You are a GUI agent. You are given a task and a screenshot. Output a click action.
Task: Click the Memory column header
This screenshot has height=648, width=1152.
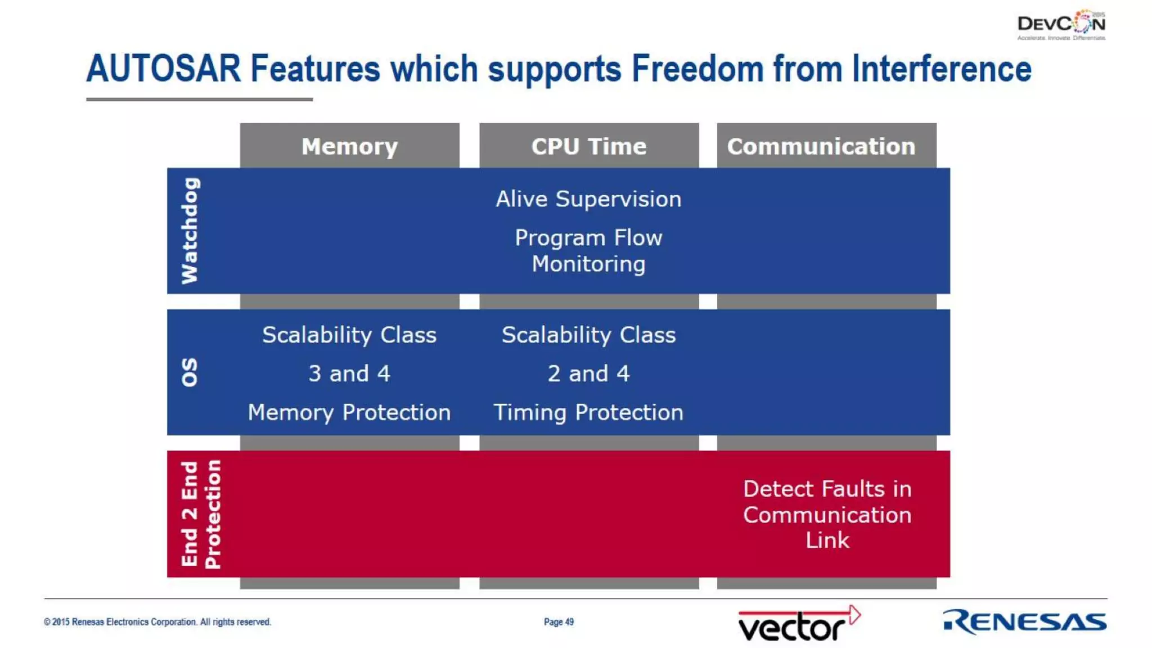point(349,146)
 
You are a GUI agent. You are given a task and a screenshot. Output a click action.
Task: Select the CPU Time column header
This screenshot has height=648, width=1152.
point(588,146)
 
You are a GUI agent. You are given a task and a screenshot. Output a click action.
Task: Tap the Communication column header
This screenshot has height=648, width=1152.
point(821,146)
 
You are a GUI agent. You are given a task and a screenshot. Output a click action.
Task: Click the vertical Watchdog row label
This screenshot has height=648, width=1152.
point(190,231)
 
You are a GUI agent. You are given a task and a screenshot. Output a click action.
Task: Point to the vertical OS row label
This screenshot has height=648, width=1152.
point(190,372)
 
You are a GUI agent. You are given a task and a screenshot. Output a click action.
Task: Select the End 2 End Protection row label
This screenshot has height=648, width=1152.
point(201,514)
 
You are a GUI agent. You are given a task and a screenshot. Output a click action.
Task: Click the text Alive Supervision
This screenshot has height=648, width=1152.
point(588,199)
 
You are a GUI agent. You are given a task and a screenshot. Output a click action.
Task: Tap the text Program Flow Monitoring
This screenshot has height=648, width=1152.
point(588,251)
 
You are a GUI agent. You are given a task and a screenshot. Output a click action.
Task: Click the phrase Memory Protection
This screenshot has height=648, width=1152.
point(349,412)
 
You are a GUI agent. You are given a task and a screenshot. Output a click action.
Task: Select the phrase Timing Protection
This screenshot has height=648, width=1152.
point(588,412)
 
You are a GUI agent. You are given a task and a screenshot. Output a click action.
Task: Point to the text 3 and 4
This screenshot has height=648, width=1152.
point(349,373)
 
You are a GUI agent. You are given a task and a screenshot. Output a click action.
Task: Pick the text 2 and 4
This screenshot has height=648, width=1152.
point(588,373)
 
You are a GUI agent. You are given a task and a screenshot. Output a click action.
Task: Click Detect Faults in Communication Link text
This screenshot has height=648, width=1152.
point(827,514)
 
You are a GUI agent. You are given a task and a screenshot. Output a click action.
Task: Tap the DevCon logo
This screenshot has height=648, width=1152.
point(1061,25)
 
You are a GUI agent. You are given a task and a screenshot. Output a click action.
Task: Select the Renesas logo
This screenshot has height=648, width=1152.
point(1024,622)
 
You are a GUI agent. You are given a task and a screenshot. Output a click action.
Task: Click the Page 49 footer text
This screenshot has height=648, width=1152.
point(559,622)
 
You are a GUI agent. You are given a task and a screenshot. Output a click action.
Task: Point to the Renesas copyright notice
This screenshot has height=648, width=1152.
point(157,622)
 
